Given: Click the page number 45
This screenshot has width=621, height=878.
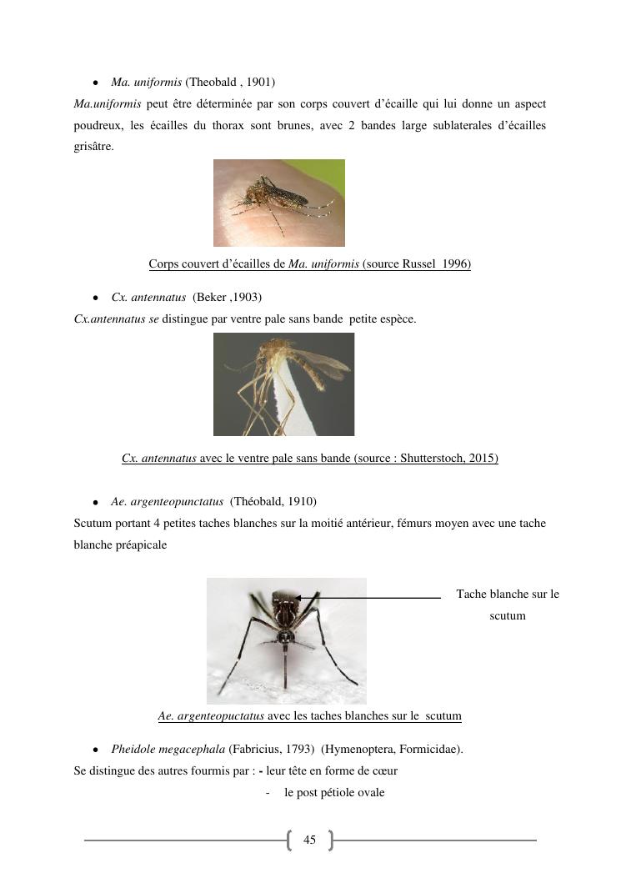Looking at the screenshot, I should (310, 840).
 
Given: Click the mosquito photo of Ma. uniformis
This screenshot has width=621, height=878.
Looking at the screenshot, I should (278, 203).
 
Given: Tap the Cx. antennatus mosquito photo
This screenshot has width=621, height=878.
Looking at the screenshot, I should (283, 384).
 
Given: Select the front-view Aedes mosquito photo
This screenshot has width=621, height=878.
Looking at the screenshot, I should (286, 640).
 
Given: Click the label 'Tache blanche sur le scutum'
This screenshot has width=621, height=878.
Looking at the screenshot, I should (507, 605).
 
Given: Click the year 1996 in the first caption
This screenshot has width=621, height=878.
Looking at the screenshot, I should (456, 264).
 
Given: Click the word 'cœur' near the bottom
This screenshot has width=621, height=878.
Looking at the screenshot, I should (384, 770).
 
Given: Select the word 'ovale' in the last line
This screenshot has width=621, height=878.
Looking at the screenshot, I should (370, 792).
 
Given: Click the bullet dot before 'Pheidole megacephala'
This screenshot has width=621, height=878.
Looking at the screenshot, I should (97, 750).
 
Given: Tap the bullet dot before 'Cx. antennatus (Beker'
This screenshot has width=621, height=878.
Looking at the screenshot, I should (97, 298).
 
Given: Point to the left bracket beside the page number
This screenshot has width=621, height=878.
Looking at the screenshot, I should (289, 840).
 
